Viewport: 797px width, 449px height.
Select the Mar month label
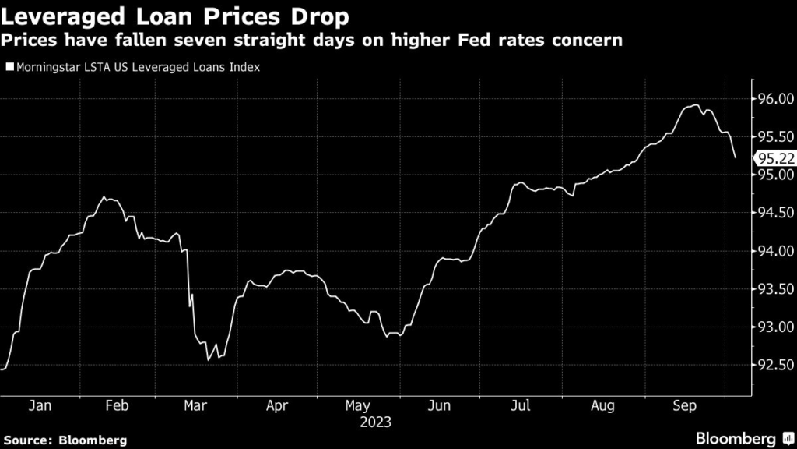point(195,406)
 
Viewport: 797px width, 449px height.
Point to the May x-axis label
point(357,406)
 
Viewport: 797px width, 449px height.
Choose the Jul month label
point(521,406)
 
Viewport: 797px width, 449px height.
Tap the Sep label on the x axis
point(684,406)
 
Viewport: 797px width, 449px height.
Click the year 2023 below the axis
point(375,422)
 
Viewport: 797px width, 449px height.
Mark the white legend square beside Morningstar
point(9,68)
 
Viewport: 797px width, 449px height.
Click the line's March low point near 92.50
point(208,360)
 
